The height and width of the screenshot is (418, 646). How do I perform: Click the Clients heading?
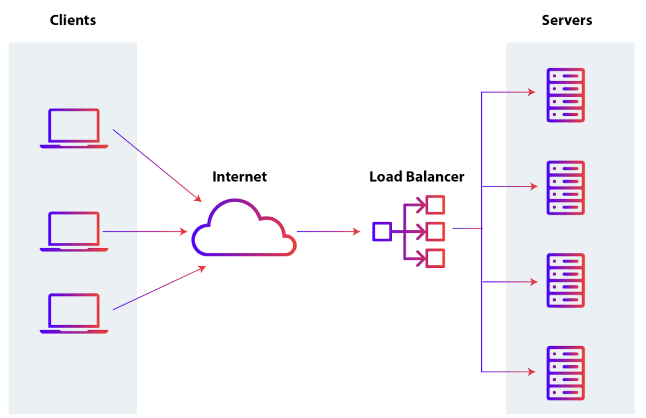73,20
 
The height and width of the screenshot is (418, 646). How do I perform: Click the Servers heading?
567,20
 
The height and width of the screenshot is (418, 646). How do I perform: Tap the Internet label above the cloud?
239,177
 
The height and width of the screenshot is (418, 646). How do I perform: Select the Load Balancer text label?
416,177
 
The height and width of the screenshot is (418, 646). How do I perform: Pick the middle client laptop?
74,231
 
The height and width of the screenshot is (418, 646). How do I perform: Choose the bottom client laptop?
74,313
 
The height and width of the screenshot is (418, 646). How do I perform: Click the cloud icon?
243,230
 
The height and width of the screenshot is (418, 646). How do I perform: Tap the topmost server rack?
565,95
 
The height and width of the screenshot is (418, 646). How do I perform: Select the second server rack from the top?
565,188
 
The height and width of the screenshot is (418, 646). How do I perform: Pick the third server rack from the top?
565,281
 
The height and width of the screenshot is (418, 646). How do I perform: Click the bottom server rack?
565,373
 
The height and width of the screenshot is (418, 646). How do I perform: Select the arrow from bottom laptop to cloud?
159,288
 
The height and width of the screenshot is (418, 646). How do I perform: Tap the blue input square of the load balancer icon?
382,231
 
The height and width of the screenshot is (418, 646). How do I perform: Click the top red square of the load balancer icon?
435,205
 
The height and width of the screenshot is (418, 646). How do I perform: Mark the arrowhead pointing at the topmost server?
532,92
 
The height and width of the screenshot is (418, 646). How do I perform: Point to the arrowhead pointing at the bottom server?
532,372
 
